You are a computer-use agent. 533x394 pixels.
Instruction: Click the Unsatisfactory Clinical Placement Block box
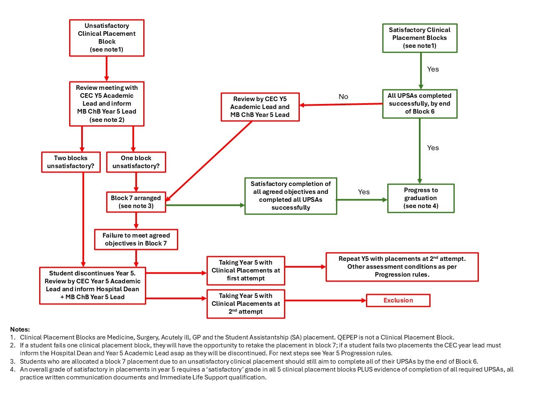pos(107,38)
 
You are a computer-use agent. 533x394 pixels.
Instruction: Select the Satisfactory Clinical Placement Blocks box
pos(420,38)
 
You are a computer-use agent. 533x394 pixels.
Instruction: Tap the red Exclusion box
pos(398,300)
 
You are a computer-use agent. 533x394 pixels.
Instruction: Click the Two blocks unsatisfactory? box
pos(71,162)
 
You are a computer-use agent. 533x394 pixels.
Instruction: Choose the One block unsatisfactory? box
pos(136,162)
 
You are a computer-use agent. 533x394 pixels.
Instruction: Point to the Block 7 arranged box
pos(136,202)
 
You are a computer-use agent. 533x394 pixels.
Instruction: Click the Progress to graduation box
pos(421,198)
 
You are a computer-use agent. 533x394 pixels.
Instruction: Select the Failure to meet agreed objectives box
pos(136,239)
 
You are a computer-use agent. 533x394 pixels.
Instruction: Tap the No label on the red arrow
pos(343,97)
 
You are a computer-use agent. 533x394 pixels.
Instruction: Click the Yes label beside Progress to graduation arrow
pos(364,192)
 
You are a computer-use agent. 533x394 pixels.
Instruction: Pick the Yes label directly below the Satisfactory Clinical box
pos(433,69)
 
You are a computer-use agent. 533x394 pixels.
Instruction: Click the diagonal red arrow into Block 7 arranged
pos(209,161)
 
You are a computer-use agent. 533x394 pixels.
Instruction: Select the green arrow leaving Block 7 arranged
pos(205,205)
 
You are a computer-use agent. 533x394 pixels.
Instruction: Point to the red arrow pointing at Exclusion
pos(325,300)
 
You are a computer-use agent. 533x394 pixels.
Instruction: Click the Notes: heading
pos(20,329)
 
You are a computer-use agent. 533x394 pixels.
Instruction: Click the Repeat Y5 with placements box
pos(402,267)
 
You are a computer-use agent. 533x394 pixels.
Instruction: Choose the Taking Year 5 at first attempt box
pos(246,270)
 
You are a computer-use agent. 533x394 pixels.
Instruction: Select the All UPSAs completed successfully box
pos(420,104)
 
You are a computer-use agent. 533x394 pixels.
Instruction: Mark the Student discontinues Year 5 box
pos(92,285)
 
